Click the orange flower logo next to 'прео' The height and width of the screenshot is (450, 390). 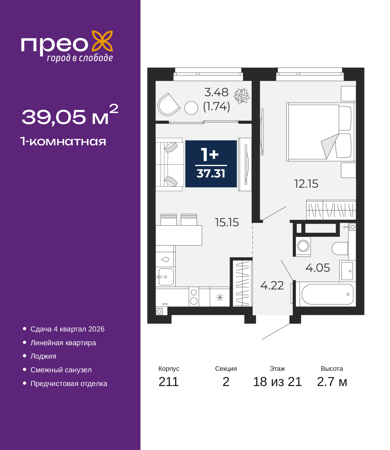[x=102, y=41]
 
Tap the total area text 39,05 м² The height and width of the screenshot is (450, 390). [x=70, y=115]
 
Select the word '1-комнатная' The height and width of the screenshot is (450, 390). [x=63, y=141]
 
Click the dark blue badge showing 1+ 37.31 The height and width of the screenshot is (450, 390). [x=211, y=164]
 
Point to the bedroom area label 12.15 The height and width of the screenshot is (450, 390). [x=306, y=184]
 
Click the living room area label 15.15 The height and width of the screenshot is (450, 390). [x=227, y=222]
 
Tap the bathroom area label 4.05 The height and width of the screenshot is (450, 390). [x=317, y=268]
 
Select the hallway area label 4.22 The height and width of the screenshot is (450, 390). [x=272, y=285]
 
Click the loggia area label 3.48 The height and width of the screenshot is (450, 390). [x=216, y=92]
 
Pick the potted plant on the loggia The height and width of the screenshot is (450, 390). [x=242, y=96]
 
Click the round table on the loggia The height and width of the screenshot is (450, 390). [x=191, y=108]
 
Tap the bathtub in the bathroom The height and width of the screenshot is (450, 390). [x=327, y=294]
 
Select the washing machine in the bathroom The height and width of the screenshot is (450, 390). [x=303, y=246]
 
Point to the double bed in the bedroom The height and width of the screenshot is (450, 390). [x=320, y=132]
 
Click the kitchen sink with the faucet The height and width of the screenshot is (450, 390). [x=166, y=277]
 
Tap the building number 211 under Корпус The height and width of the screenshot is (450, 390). [x=168, y=382]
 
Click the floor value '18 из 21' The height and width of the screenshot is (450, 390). [x=277, y=382]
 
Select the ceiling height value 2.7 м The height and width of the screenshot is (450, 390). [x=332, y=382]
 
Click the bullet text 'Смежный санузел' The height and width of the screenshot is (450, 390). [x=61, y=370]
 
